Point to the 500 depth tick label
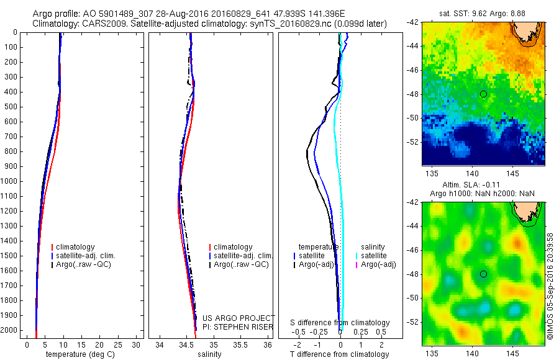(x=10, y=107)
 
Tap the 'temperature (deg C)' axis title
(x=79, y=354)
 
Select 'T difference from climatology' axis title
(x=340, y=354)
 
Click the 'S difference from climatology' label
(x=340, y=323)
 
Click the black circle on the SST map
(x=483, y=94)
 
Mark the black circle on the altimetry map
(x=483, y=274)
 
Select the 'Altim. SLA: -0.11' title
(x=483, y=185)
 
